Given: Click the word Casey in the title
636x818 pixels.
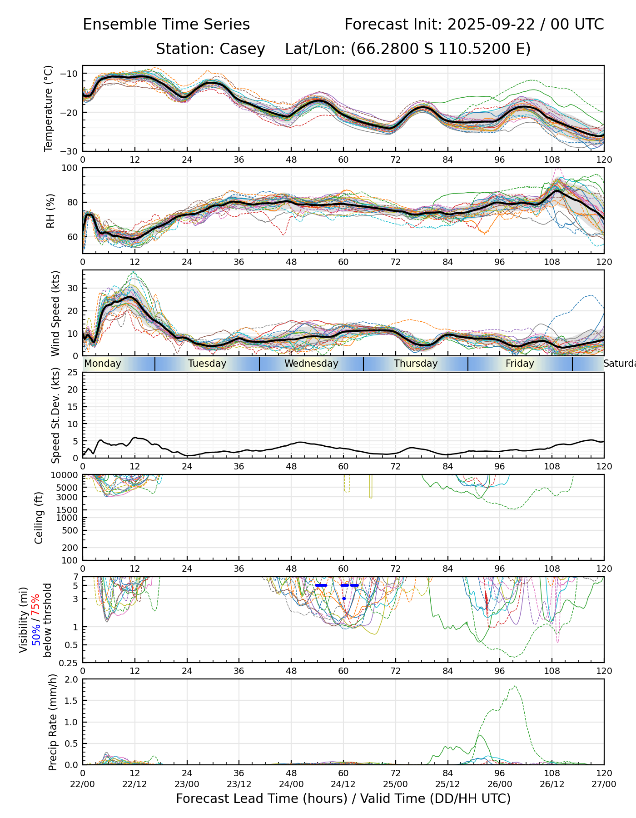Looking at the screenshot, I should click(242, 49).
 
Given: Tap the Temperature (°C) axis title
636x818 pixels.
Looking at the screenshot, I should click(49, 108).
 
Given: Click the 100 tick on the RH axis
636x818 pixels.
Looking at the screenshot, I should click(70, 168).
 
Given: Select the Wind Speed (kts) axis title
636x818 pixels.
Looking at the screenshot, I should click(55, 313).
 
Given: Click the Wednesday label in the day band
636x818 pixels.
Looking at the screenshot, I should click(311, 364).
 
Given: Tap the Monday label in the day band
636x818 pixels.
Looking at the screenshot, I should click(103, 364).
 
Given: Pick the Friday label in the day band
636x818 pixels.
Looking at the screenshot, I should click(520, 364).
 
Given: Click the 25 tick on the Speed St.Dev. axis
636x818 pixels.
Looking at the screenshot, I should click(73, 373).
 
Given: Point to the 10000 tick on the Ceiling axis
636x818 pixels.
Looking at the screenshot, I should click(66, 475).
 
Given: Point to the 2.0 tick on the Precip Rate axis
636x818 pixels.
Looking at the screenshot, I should click(72, 679).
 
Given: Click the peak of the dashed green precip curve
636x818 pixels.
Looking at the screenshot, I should click(515, 686).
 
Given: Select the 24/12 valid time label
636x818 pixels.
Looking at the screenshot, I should click(343, 784).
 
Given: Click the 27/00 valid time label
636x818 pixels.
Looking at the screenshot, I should click(604, 784).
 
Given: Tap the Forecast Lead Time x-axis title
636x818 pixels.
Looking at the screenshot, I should click(343, 798).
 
